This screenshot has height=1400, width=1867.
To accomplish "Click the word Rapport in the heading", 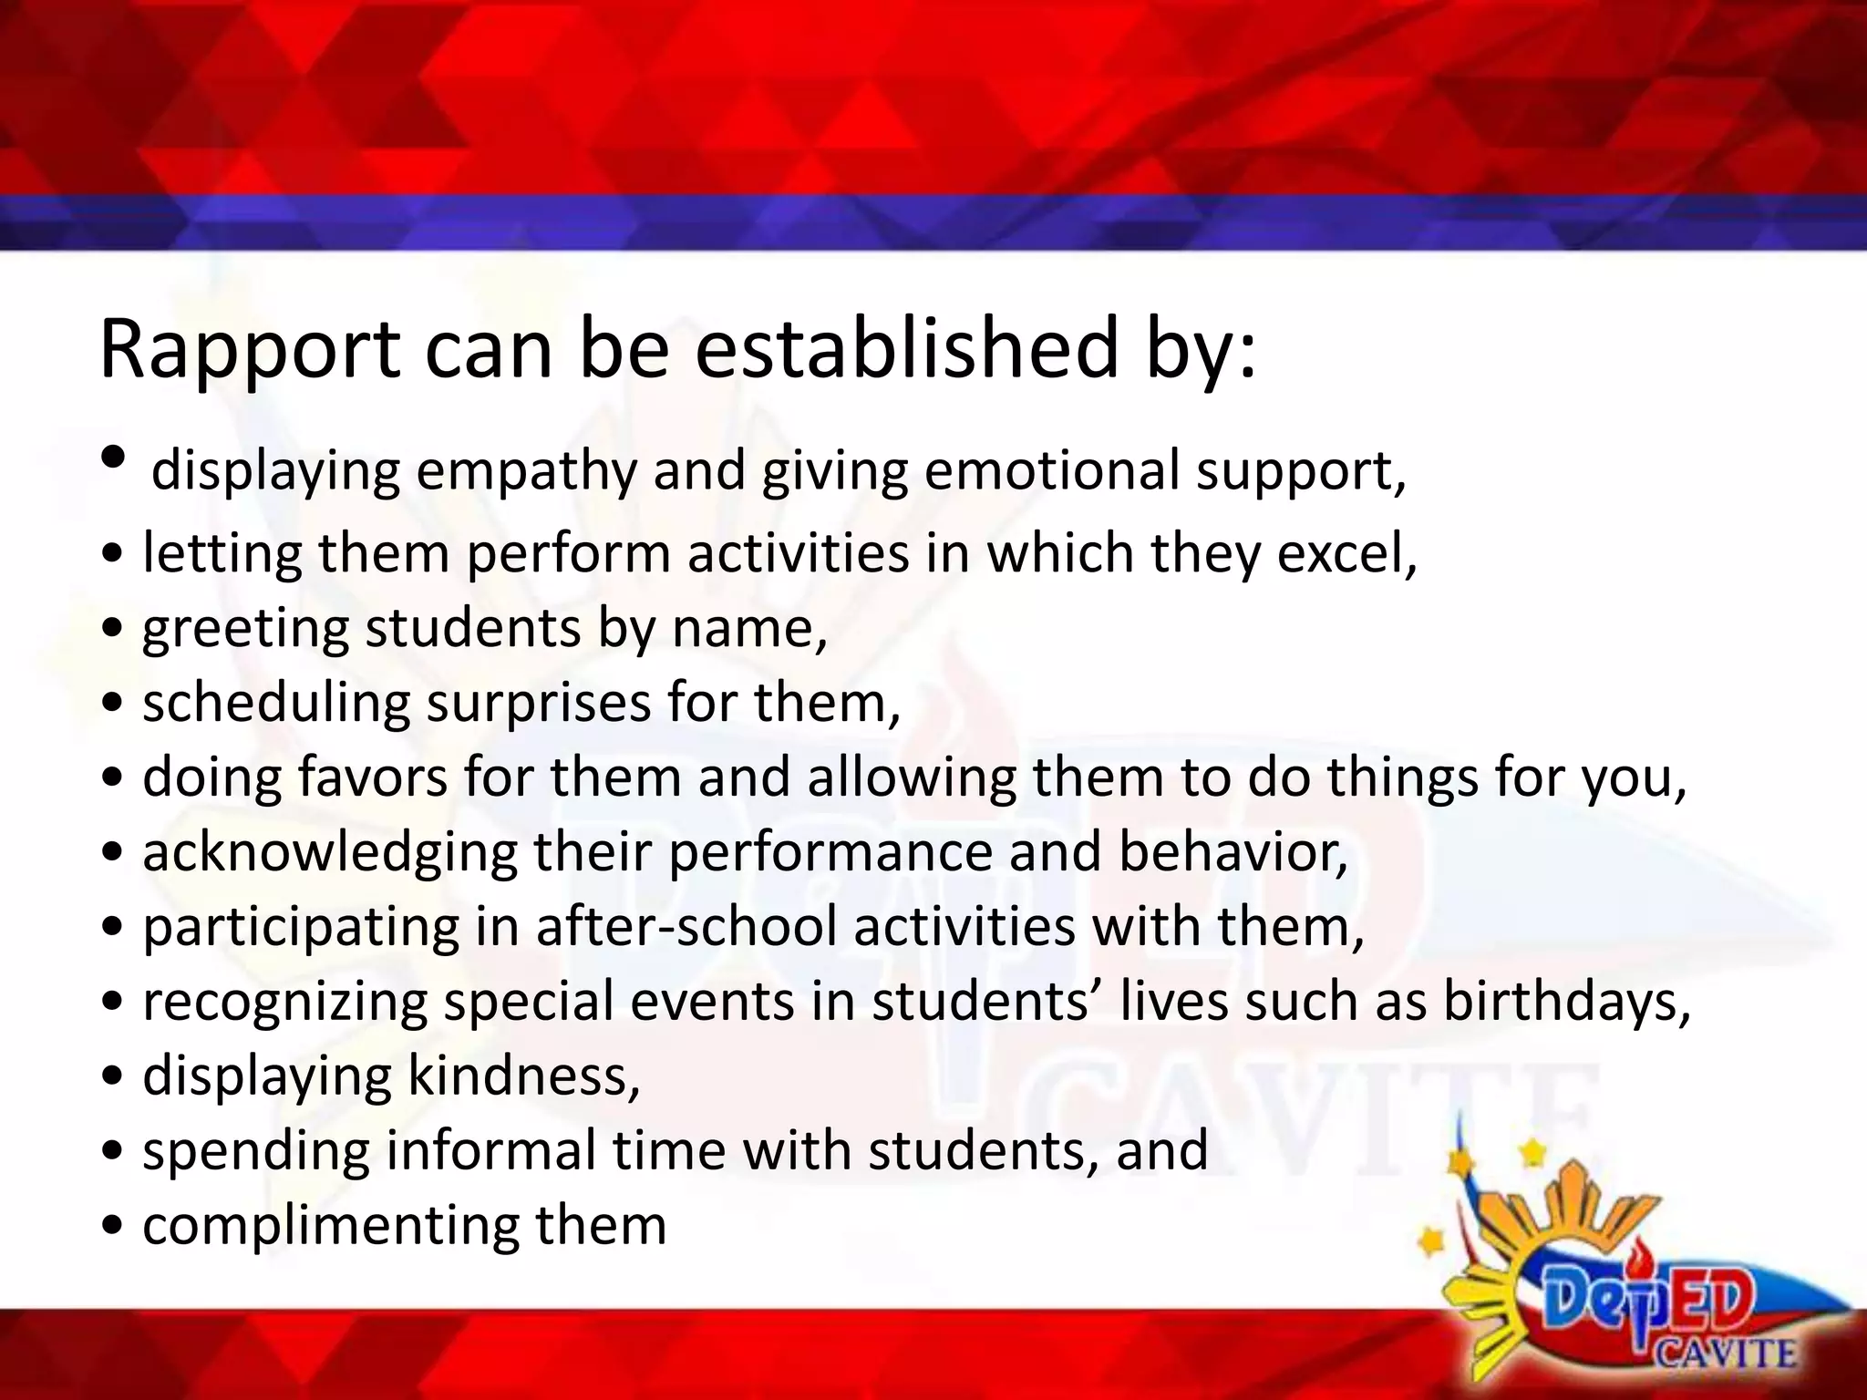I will pyautogui.click(x=249, y=351).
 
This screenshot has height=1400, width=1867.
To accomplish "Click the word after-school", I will pyautogui.click(x=686, y=927).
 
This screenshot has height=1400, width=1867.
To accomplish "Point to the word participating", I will pyautogui.click(x=300, y=929).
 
